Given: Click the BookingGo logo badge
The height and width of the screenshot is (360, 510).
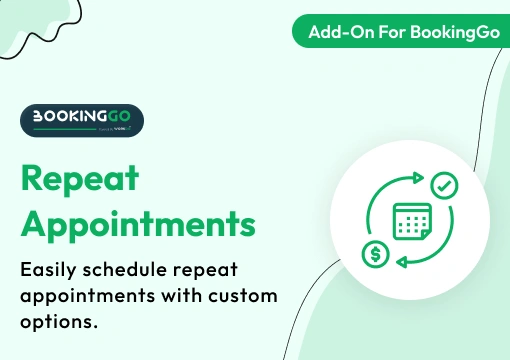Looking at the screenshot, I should click(x=82, y=120).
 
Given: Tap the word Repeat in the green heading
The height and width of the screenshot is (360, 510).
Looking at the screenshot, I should click(x=79, y=180).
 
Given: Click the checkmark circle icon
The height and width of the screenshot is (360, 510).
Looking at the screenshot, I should click(x=445, y=185).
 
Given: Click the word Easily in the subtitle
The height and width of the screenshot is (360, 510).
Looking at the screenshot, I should click(x=51, y=271).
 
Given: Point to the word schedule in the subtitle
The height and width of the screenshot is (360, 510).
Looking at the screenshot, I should click(x=131, y=271).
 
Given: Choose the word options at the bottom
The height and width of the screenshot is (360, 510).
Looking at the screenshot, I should click(x=57, y=323).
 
